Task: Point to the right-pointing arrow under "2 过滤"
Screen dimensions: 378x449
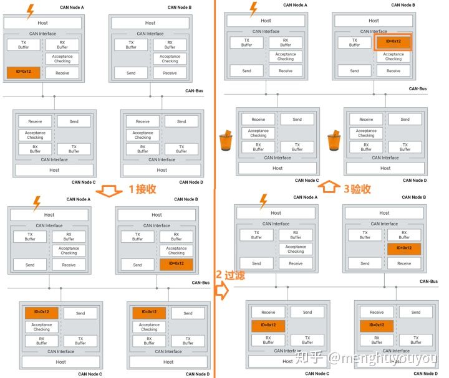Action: [x=221, y=290]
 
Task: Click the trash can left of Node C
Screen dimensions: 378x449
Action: [x=226, y=140]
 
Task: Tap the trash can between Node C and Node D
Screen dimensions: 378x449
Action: [x=334, y=140]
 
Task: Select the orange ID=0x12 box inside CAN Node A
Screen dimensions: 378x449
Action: [x=24, y=73]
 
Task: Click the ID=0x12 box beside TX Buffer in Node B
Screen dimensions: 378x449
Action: [x=393, y=42]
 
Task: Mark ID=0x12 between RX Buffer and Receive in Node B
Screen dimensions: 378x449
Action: [x=404, y=248]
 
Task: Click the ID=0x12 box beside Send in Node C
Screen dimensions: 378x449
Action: [x=42, y=312]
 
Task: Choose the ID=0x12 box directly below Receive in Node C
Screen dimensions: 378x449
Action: [x=268, y=325]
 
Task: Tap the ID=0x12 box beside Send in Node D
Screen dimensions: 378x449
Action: [x=149, y=312]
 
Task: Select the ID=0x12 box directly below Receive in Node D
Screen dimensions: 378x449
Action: [x=376, y=325]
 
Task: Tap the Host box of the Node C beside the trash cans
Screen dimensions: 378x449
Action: [x=278, y=168]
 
